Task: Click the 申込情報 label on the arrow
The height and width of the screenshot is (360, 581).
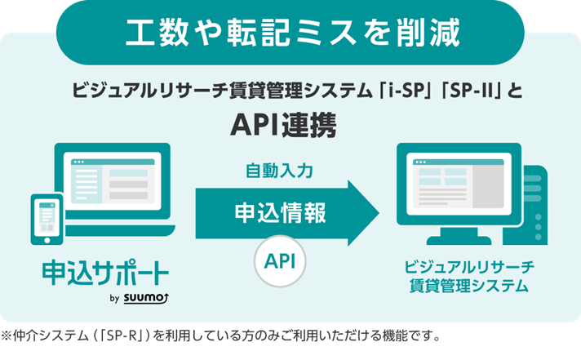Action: (280, 213)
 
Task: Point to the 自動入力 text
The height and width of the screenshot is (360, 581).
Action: (280, 171)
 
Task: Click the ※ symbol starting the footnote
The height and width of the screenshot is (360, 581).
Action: (7, 336)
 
